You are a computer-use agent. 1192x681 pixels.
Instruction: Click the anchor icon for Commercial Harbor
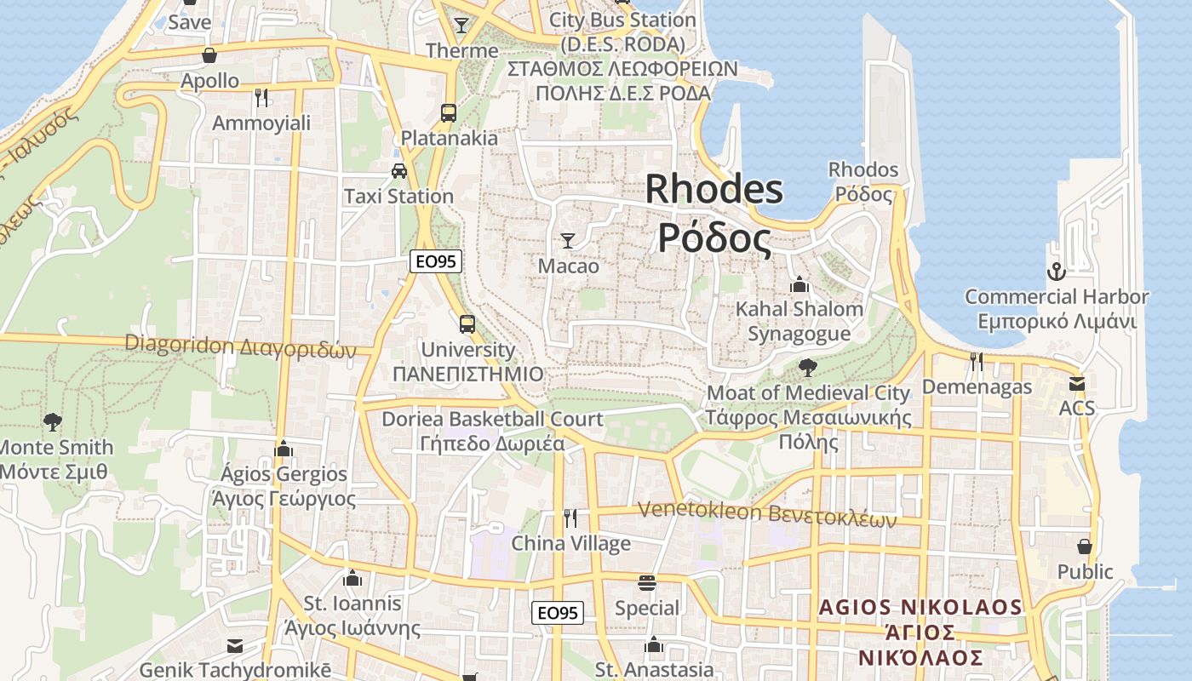[x=1056, y=272]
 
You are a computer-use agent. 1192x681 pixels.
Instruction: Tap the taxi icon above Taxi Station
[x=398, y=171]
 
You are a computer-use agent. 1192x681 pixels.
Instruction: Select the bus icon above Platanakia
[x=448, y=112]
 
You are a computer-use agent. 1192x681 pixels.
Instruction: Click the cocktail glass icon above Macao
[x=568, y=241]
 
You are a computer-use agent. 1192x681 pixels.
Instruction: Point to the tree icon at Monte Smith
[x=53, y=421]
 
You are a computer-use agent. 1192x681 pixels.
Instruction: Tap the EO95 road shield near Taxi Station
[x=435, y=261]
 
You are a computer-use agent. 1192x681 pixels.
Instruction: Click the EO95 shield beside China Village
[x=559, y=612]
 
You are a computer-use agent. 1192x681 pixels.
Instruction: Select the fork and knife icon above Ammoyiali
[x=261, y=98]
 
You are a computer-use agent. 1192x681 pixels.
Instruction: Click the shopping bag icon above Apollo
[x=209, y=56]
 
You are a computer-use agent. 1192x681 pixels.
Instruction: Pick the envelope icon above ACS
[x=1077, y=384]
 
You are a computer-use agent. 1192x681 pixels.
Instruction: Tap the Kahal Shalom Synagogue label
[x=799, y=321]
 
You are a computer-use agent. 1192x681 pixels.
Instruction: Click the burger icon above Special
[x=647, y=583]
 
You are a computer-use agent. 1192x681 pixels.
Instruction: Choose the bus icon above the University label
[x=467, y=324]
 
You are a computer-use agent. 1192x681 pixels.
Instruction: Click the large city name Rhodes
[x=713, y=189]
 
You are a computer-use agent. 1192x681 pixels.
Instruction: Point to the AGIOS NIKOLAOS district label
[x=920, y=607]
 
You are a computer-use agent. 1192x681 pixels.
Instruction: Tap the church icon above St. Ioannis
[x=352, y=579]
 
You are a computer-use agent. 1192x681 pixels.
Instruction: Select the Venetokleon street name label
[x=766, y=513]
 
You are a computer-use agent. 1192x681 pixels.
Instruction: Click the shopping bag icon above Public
[x=1085, y=546]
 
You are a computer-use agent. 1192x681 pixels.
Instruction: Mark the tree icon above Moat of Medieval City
[x=807, y=368]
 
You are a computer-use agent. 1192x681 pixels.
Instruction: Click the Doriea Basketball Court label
[x=492, y=419]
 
